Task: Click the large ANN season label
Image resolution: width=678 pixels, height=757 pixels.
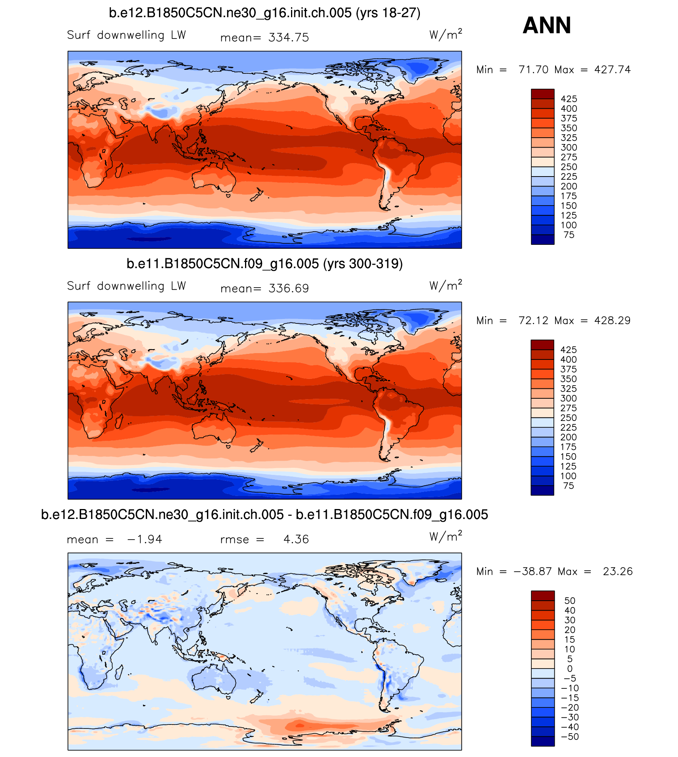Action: (547, 25)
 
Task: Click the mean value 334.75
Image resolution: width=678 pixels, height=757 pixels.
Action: (288, 38)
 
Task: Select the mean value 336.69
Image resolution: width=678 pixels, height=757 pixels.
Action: (288, 288)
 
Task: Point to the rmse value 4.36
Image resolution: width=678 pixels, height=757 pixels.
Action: (296, 540)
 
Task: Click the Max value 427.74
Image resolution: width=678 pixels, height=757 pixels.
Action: (612, 70)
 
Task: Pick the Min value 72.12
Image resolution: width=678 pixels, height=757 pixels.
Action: (533, 321)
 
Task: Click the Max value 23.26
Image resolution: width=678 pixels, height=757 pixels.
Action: (618, 571)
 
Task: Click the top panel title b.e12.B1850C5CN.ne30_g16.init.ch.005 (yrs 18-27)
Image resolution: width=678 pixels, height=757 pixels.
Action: (264, 13)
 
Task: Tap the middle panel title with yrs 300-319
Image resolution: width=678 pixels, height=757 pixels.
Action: (264, 264)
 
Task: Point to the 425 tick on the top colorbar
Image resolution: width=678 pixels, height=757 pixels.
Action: (569, 99)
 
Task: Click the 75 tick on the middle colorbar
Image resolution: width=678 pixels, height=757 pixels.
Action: (569, 486)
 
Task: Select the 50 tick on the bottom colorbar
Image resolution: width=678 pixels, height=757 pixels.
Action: (570, 601)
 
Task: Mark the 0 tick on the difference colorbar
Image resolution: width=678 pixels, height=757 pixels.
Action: (570, 669)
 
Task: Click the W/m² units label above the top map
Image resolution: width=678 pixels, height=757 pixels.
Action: (445, 35)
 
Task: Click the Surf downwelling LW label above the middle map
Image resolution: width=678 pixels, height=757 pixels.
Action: (126, 286)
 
